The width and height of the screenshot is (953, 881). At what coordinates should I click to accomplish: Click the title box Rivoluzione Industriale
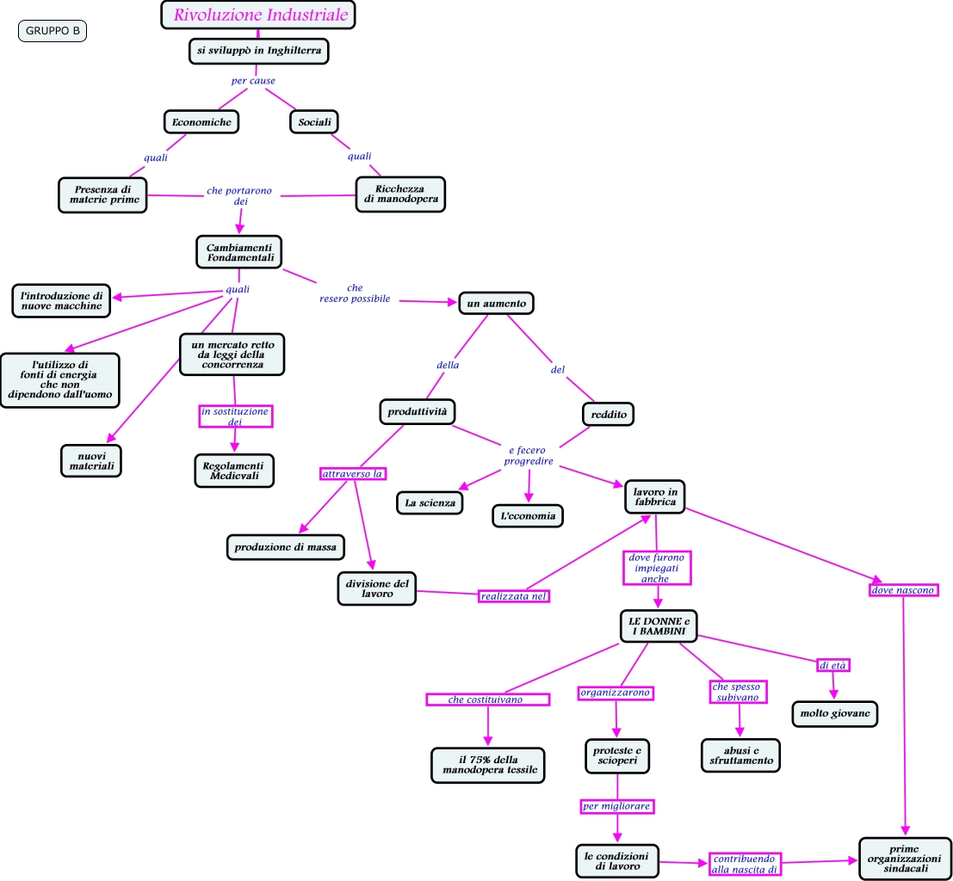258,15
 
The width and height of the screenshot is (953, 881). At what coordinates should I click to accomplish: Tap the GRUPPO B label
53,31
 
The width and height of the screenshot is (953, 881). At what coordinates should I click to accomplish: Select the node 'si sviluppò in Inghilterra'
258,52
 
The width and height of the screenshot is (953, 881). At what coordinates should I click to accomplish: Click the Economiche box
201,122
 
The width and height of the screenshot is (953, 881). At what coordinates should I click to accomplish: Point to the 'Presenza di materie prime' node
103,194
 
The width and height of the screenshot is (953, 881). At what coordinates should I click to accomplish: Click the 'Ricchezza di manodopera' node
400,194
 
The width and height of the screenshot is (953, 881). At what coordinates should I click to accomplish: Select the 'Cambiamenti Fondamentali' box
239,252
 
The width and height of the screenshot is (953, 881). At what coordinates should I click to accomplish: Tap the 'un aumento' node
496,304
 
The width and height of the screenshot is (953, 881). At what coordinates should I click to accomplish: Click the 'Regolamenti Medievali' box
233,470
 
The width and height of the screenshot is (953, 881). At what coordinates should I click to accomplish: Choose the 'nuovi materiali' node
91,460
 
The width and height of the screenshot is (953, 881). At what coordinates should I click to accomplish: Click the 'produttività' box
417,412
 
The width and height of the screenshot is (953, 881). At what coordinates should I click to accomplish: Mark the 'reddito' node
608,415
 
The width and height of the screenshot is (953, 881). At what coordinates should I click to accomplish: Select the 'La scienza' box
430,502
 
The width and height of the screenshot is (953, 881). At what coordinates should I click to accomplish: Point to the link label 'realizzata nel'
514,595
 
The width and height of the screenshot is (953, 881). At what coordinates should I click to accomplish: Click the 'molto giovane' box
835,713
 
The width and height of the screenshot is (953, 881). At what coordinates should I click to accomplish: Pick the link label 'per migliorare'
616,806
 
